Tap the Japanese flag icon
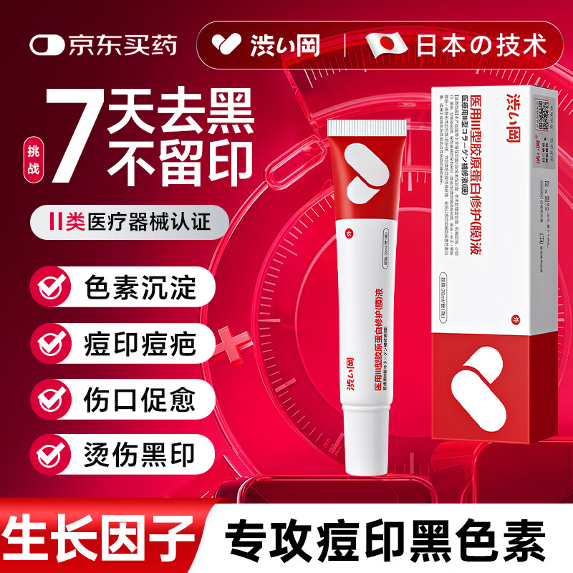point(386,44)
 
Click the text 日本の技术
point(480,44)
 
